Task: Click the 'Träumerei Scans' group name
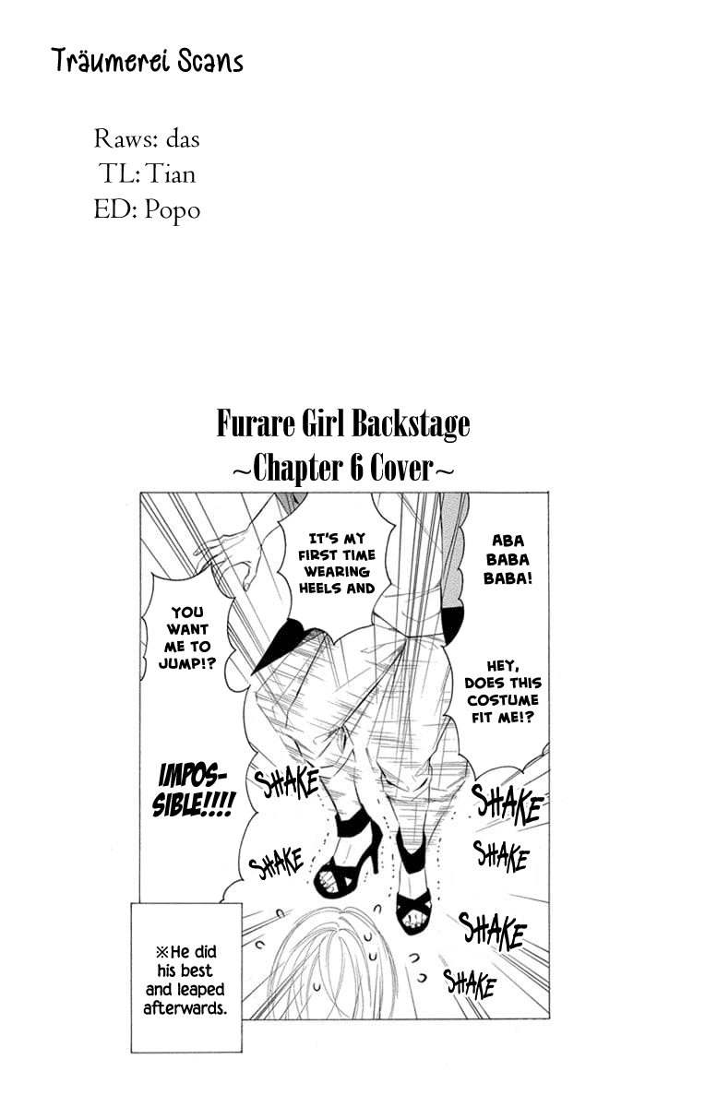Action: pyautogui.click(x=148, y=63)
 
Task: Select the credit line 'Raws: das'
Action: pyautogui.click(x=147, y=139)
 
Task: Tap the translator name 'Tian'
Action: pyautogui.click(x=171, y=174)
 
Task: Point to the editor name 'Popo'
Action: pyautogui.click(x=172, y=211)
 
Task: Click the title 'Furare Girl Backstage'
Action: pyautogui.click(x=343, y=424)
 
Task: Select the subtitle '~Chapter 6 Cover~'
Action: pyautogui.click(x=343, y=469)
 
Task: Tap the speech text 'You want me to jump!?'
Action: pyautogui.click(x=187, y=638)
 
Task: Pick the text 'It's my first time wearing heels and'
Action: pyautogui.click(x=337, y=563)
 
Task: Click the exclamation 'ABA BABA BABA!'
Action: pyautogui.click(x=508, y=560)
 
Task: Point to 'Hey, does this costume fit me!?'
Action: pyautogui.click(x=503, y=692)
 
